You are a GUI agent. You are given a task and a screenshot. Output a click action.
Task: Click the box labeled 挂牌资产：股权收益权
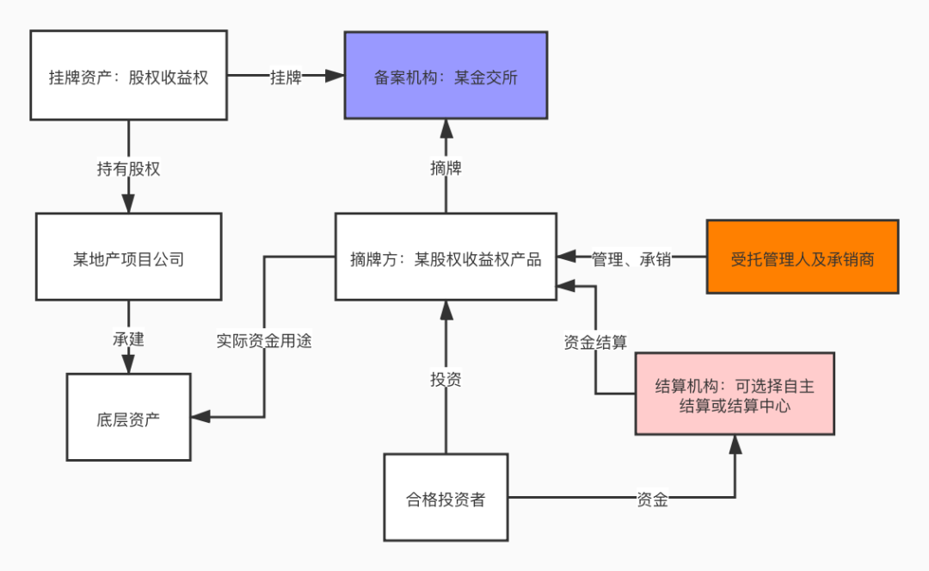[128, 76]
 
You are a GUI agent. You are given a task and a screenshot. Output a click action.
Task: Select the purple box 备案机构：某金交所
[446, 76]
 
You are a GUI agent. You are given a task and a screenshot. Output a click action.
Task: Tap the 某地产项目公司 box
[128, 258]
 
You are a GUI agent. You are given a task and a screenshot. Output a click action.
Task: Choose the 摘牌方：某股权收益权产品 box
[446, 258]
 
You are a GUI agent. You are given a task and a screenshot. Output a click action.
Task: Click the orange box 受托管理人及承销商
[802, 258]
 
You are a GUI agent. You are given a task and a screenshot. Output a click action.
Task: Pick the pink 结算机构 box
[735, 395]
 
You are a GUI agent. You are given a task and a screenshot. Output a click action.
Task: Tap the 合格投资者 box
[446, 498]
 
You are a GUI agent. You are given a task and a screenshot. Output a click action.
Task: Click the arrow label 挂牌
[286, 77]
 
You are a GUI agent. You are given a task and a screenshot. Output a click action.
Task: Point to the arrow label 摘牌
[446, 168]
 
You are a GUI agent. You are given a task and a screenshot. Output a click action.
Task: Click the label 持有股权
[128, 169]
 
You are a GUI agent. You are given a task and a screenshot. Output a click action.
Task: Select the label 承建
[128, 339]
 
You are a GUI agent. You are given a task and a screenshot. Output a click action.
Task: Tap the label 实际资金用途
[263, 341]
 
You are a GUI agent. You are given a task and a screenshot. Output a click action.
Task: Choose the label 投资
[446, 379]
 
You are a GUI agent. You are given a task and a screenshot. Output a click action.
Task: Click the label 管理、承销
[631, 258]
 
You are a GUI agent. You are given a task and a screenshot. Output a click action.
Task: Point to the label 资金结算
[595, 342]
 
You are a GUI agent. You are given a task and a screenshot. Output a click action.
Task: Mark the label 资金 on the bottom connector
[652, 499]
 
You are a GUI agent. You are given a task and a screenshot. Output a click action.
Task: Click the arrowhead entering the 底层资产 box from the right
[200, 418]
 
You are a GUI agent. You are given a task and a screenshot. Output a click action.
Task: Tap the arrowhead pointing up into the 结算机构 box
[735, 444]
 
